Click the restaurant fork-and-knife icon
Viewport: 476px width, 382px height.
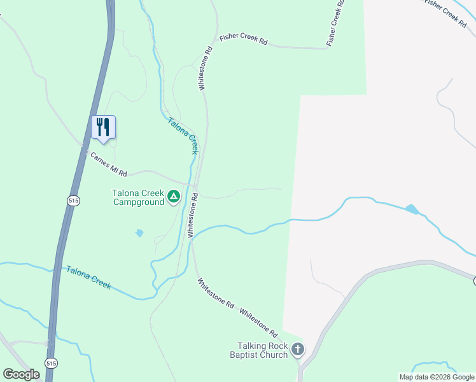pyautogui.click(x=103, y=126)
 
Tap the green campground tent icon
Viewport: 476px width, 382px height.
pyautogui.click(x=174, y=197)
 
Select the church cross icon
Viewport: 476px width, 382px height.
pyautogui.click(x=298, y=349)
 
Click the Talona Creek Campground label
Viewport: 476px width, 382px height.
pyautogui.click(x=138, y=198)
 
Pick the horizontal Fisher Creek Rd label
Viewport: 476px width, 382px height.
pyautogui.click(x=244, y=39)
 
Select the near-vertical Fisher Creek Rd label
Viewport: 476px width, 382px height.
pyautogui.click(x=335, y=22)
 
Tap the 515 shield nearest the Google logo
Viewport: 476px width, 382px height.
pyautogui.click(x=51, y=362)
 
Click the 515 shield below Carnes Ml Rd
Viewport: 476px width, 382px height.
pyautogui.click(x=73, y=200)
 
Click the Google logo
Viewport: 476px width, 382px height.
pyautogui.click(x=21, y=374)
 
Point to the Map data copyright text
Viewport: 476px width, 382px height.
pyautogui.click(x=437, y=377)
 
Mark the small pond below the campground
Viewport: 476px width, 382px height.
pyautogui.click(x=139, y=233)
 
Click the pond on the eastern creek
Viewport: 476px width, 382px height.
pyautogui.click(x=412, y=208)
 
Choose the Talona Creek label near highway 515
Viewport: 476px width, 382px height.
pyautogui.click(x=88, y=278)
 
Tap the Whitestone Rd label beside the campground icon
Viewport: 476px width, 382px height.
pyautogui.click(x=193, y=215)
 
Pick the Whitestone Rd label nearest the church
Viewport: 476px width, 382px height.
pyautogui.click(x=259, y=323)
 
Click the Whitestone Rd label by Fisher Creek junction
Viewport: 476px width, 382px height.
pyautogui.click(x=204, y=68)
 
